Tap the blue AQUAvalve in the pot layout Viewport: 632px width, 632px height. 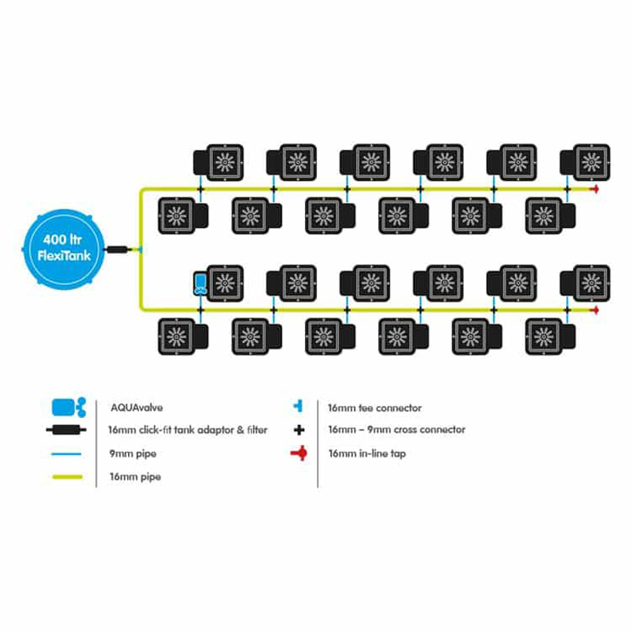pos(200,283)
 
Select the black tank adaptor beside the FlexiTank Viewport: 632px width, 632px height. pos(118,249)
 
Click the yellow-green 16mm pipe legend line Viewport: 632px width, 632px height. pos(69,477)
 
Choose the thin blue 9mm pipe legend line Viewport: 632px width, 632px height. pos(69,454)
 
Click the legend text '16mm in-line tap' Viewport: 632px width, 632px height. pos(367,454)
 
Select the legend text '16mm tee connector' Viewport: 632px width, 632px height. pos(374,408)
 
